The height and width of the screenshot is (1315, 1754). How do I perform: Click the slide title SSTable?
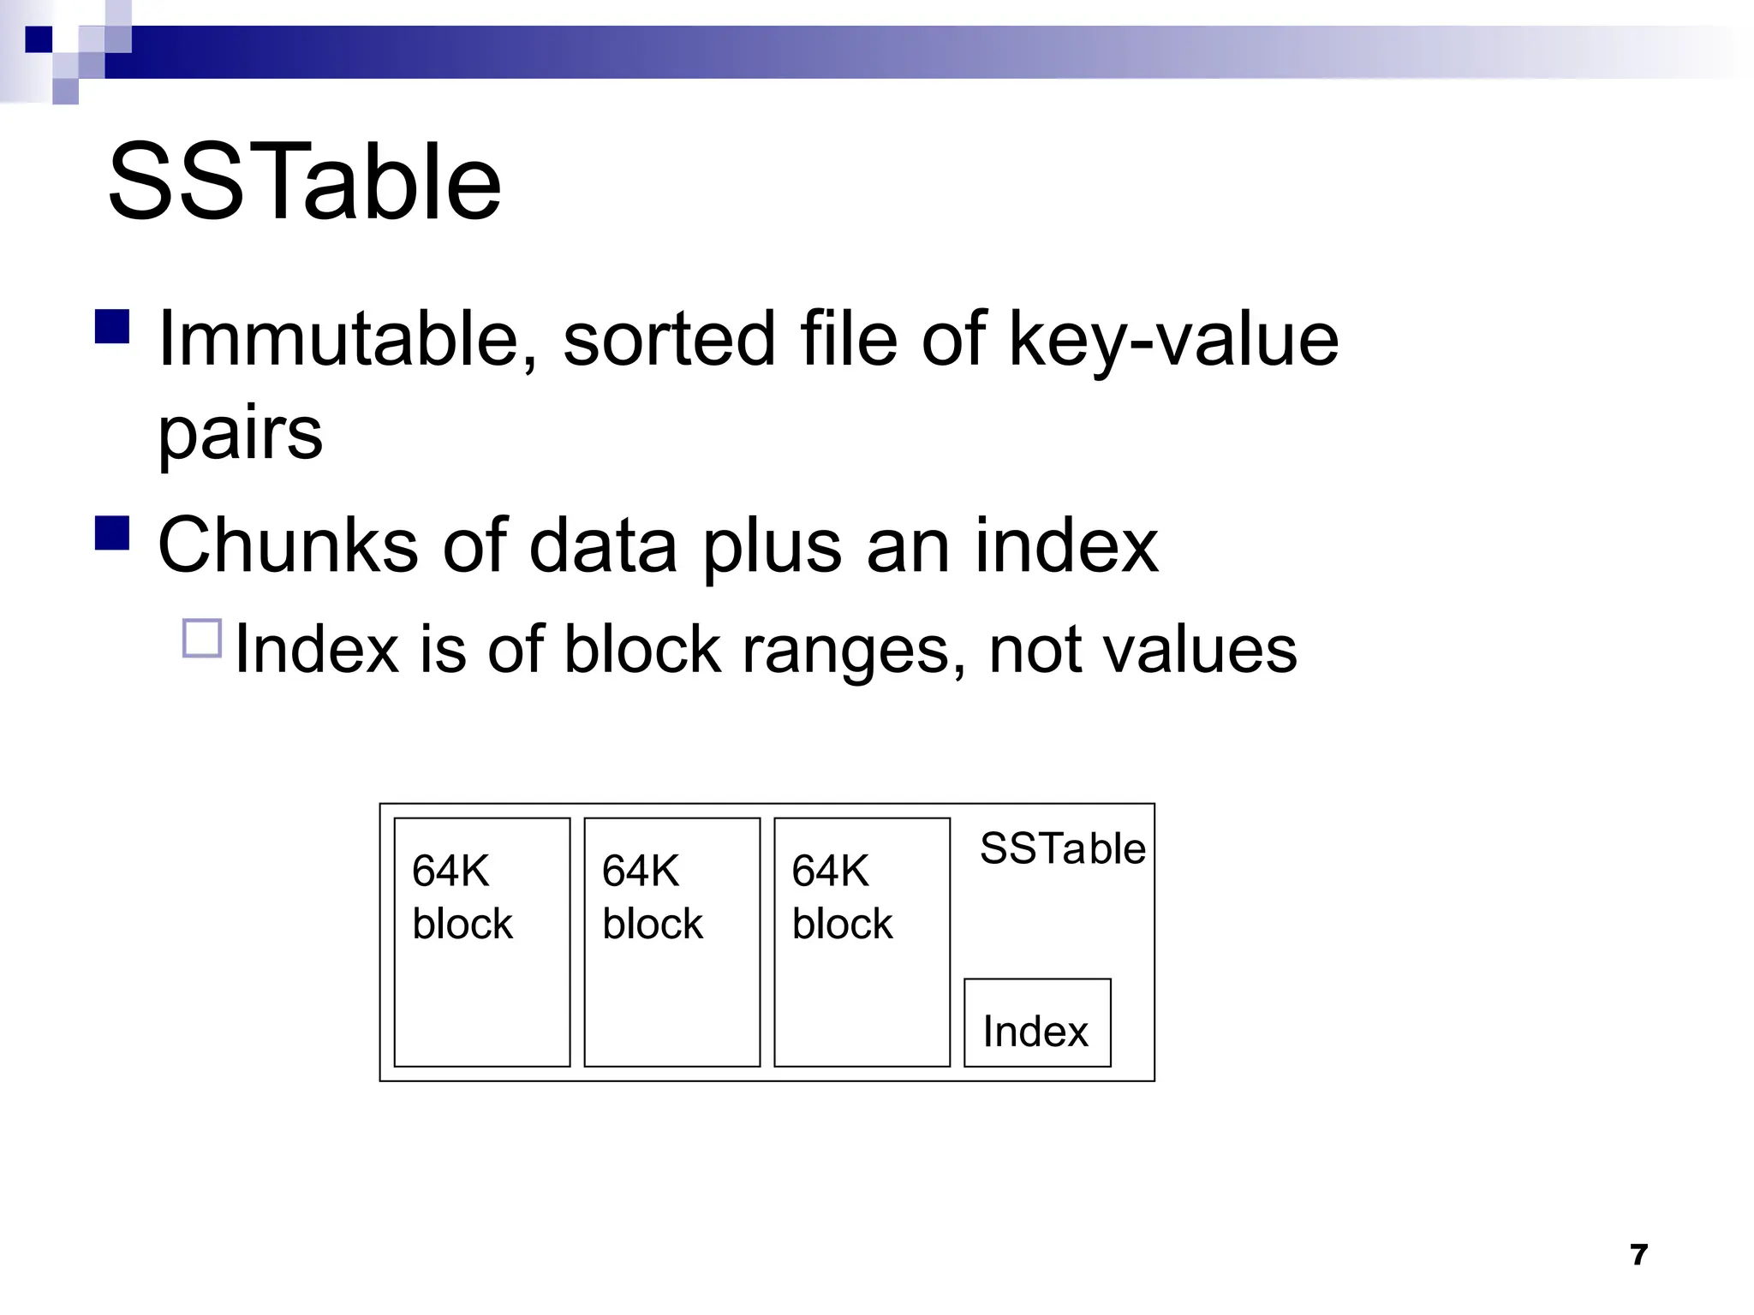[304, 182]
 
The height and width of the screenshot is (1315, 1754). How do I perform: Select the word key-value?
[1173, 341]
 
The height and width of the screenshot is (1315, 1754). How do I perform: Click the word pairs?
[241, 432]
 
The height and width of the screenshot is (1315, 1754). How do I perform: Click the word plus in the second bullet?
[772, 548]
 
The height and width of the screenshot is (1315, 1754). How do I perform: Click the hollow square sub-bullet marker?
[202, 639]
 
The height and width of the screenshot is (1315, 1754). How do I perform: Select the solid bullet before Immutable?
[112, 326]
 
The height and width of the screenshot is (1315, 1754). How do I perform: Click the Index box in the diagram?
[1037, 1023]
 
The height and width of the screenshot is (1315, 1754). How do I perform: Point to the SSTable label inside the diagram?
[1062, 848]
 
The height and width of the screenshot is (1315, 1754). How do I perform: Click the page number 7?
[1639, 1255]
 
